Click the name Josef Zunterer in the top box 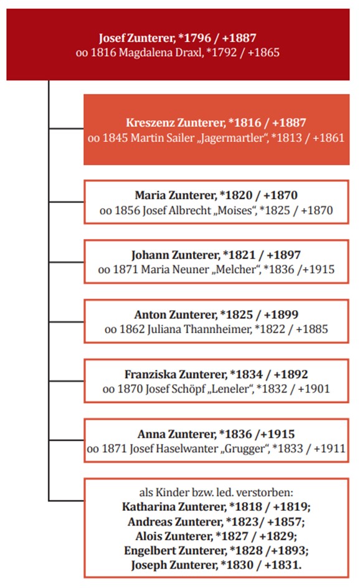[136, 38]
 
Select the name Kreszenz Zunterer [176, 123]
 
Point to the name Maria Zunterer [176, 196]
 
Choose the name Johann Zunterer [175, 255]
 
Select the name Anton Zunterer [176, 315]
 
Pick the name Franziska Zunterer [176, 374]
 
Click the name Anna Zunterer [177, 434]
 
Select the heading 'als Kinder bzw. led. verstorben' [216, 492]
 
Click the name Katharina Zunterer [174, 507]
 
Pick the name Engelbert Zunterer [176, 551]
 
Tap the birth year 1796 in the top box [194, 38]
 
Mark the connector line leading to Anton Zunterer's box [67, 322]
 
